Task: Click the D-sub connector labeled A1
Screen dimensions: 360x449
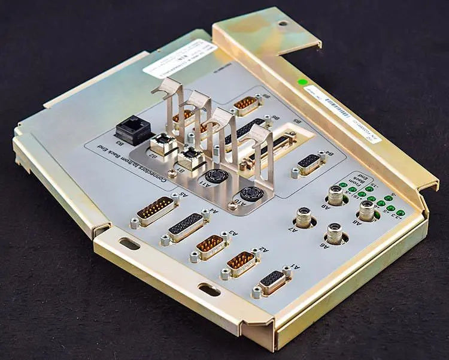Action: [273, 282]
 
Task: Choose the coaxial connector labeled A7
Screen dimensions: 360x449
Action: [304, 217]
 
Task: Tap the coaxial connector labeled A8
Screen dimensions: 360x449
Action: [368, 210]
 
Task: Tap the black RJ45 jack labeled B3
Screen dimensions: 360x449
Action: [132, 129]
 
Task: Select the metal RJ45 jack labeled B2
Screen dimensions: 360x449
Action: [163, 144]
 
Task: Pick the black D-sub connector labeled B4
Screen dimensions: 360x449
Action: [309, 163]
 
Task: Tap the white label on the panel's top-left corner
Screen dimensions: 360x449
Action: [180, 58]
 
